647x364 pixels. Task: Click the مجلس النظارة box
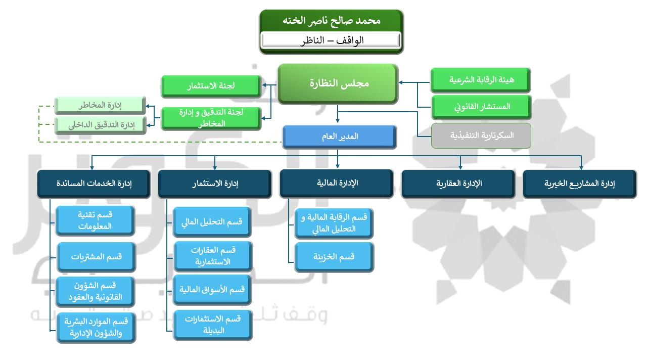[338, 83]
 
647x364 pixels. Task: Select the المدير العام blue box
[338, 136]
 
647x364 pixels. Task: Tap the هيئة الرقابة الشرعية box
[481, 80]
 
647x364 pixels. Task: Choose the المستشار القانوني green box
[481, 107]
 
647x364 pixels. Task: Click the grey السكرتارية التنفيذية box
[481, 135]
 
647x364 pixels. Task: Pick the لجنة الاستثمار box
[211, 86]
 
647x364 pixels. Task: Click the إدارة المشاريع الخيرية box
[579, 184]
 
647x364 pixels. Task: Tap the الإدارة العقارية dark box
[458, 184]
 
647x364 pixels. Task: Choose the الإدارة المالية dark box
[337, 183]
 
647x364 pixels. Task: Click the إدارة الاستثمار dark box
[215, 184]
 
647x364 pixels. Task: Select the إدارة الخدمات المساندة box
[94, 184]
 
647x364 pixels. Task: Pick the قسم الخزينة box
[334, 257]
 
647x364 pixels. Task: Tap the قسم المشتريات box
[96, 257]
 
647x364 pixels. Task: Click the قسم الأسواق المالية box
[212, 290]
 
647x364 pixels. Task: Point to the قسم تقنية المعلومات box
[96, 220]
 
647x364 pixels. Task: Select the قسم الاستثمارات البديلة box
[212, 325]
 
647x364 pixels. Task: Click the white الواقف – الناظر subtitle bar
[331, 40]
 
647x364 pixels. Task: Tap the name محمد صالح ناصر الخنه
[331, 21]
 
